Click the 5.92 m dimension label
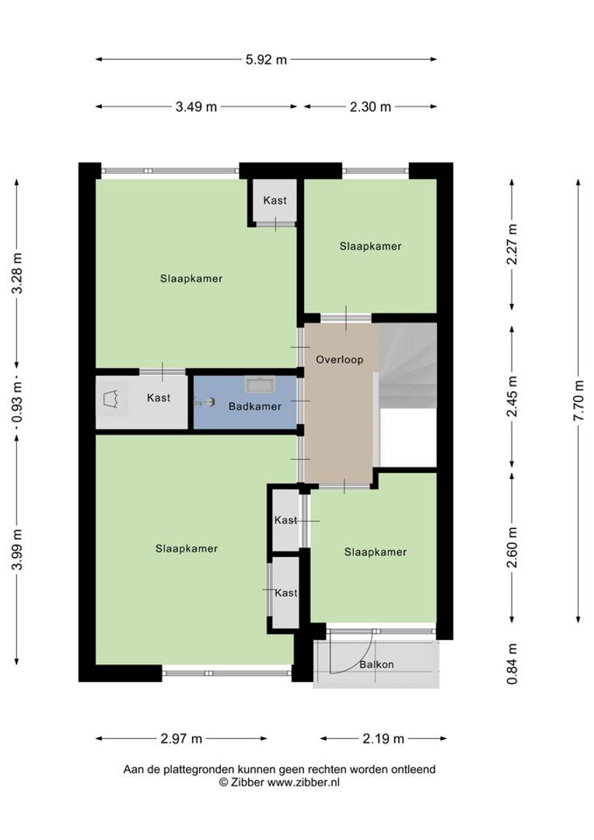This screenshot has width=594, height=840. [266, 59]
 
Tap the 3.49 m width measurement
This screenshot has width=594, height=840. [196, 107]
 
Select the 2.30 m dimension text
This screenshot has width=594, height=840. [370, 107]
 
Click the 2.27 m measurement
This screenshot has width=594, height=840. [512, 244]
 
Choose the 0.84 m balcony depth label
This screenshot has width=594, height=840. [512, 664]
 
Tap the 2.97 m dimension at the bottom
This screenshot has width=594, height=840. [181, 739]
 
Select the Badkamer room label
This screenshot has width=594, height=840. [255, 407]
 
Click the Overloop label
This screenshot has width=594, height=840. [340, 359]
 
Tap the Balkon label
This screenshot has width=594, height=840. [376, 664]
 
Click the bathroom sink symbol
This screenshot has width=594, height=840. [260, 384]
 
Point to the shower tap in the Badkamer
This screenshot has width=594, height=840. [204, 402]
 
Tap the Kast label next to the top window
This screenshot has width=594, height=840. [274, 201]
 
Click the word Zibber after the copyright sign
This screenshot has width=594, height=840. [247, 782]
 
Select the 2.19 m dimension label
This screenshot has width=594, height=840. [383, 739]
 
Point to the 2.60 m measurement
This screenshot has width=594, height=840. [512, 548]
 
